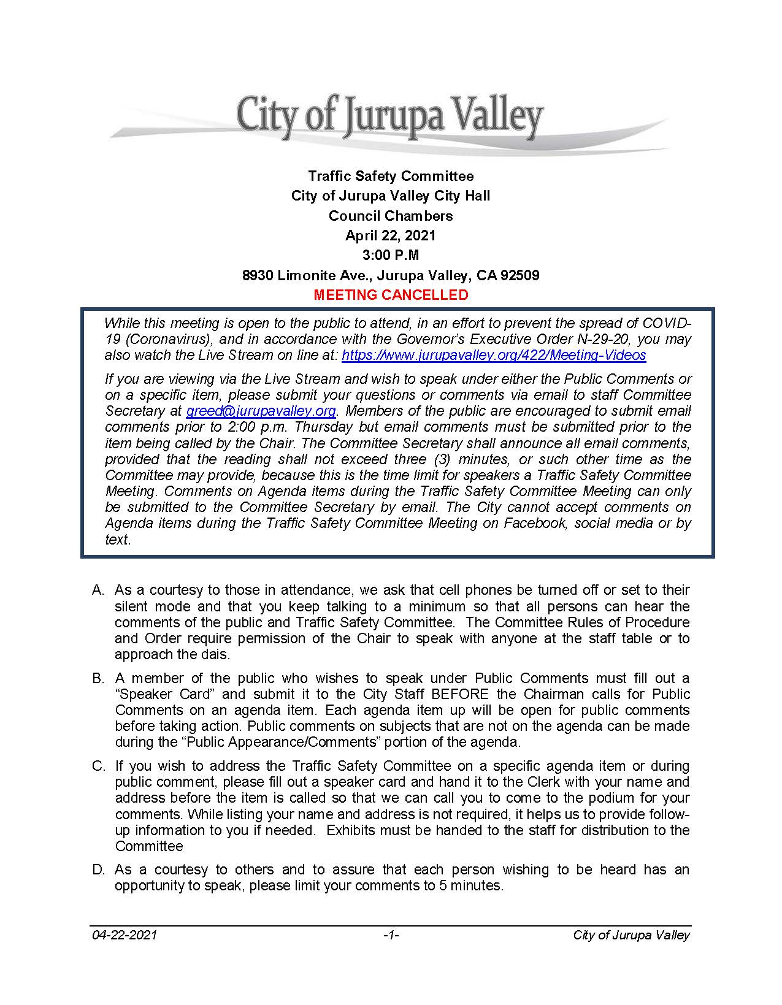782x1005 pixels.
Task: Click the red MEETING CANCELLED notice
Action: coord(391,295)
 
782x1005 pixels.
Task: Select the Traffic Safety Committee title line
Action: coord(391,177)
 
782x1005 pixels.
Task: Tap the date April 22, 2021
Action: coord(391,235)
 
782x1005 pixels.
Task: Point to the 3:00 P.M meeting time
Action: coord(391,255)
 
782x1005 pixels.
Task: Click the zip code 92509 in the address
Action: coord(520,275)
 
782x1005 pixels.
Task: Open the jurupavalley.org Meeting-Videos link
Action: coord(493,355)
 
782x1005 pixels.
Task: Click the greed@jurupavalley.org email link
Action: coord(261,411)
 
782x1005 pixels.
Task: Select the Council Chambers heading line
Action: coord(391,216)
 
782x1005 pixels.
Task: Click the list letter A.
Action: coord(98,590)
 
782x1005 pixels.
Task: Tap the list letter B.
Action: coord(98,678)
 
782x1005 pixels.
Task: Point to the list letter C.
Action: coord(98,766)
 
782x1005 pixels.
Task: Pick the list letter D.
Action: coord(98,869)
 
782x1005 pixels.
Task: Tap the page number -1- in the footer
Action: coord(391,935)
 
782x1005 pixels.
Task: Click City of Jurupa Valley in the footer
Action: coord(631,935)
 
